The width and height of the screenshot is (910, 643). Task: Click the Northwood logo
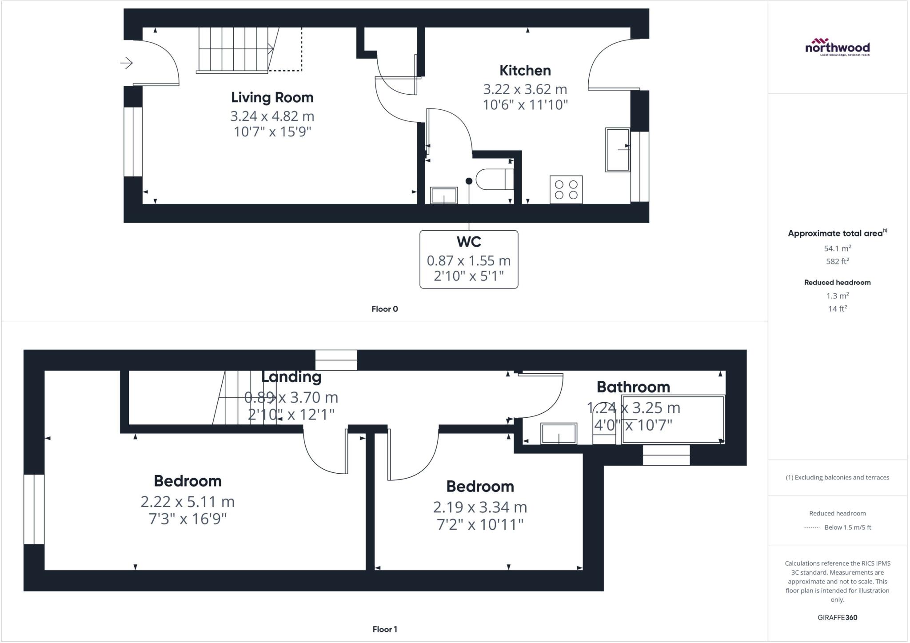(837, 47)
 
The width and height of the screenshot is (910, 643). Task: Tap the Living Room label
(272, 97)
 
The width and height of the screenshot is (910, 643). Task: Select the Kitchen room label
(525, 70)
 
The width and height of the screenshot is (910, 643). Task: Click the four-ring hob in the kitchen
(566, 190)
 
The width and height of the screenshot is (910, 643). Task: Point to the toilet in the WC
(494, 179)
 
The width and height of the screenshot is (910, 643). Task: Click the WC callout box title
(469, 242)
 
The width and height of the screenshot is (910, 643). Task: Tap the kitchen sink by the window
(618, 150)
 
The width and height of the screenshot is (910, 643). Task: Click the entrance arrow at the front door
(127, 63)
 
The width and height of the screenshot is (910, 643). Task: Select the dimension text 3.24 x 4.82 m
(272, 116)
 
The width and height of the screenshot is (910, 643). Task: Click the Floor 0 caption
(384, 309)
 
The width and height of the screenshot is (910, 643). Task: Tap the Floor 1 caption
(384, 629)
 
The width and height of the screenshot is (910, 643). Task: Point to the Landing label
(291, 377)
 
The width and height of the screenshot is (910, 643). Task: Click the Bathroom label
(633, 387)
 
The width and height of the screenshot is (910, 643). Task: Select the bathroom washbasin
(559, 433)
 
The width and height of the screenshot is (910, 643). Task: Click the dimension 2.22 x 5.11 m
(188, 502)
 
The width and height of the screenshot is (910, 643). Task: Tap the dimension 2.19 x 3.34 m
(480, 507)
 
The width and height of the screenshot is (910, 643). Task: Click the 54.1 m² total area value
(837, 248)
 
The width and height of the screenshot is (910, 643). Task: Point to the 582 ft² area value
(837, 261)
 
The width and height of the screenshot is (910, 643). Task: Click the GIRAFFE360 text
(837, 617)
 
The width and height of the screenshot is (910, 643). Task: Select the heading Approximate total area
(835, 233)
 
